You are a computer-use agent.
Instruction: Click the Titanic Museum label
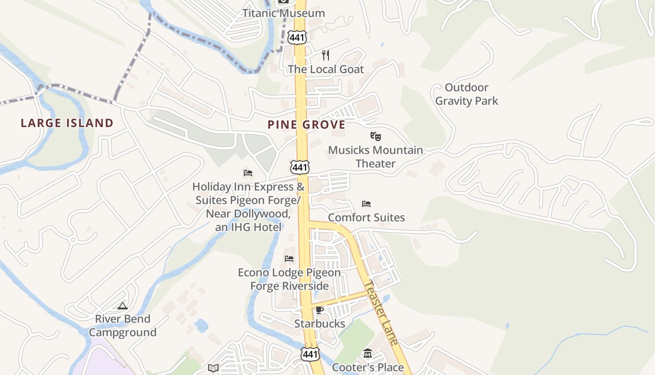[x=284, y=13]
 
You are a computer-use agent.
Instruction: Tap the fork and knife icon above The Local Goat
[x=326, y=55]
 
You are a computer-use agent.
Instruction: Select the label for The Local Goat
[x=326, y=69]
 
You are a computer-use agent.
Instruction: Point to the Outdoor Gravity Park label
[x=466, y=94]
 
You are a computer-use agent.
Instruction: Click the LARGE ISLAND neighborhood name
[x=67, y=123]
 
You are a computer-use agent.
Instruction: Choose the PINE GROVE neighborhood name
[x=306, y=125]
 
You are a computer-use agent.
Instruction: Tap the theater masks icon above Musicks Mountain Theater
[x=375, y=136]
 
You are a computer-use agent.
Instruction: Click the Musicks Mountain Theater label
[x=375, y=157]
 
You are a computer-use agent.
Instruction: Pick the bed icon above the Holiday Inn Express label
[x=248, y=173]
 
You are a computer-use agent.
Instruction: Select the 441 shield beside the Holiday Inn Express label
[x=299, y=167]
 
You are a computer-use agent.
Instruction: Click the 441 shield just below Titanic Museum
[x=297, y=37]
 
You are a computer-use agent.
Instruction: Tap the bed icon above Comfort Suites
[x=366, y=204]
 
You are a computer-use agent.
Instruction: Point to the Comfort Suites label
[x=366, y=217]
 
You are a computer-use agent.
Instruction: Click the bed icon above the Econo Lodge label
[x=289, y=259]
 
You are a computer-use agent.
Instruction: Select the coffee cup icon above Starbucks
[x=320, y=310]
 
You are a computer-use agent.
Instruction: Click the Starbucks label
[x=320, y=323]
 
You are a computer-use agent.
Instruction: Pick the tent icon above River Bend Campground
[x=123, y=306]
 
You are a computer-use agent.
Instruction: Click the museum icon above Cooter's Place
[x=368, y=353]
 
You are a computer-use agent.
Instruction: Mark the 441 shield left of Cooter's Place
[x=310, y=354]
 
